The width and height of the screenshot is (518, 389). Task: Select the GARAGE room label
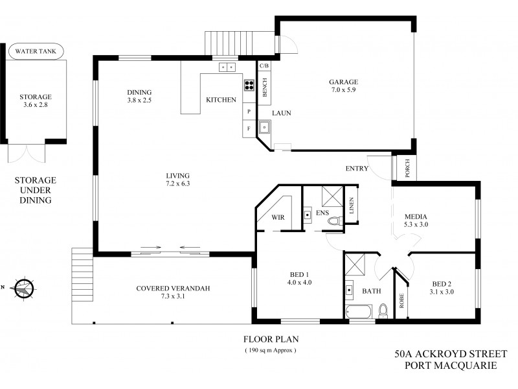pos(343,82)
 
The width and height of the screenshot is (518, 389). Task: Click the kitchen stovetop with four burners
pos(249,84)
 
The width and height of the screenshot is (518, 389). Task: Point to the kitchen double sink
pos(227,66)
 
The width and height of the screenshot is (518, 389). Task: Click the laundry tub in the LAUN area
pos(264,127)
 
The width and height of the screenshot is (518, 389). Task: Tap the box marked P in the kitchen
pos(249,112)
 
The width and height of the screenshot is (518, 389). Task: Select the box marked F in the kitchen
pos(249,129)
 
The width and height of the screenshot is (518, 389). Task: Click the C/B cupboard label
pos(264,65)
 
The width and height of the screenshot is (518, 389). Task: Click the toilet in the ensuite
pos(333,221)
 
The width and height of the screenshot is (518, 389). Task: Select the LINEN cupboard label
pos(351,206)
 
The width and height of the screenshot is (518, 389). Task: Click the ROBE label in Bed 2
pos(401,301)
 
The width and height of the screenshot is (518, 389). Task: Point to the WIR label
pos(278,217)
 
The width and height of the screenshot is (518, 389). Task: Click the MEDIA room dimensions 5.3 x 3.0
pos(416,224)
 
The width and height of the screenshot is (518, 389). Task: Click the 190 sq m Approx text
pos(270,350)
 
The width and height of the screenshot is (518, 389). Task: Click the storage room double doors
pos(27,154)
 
